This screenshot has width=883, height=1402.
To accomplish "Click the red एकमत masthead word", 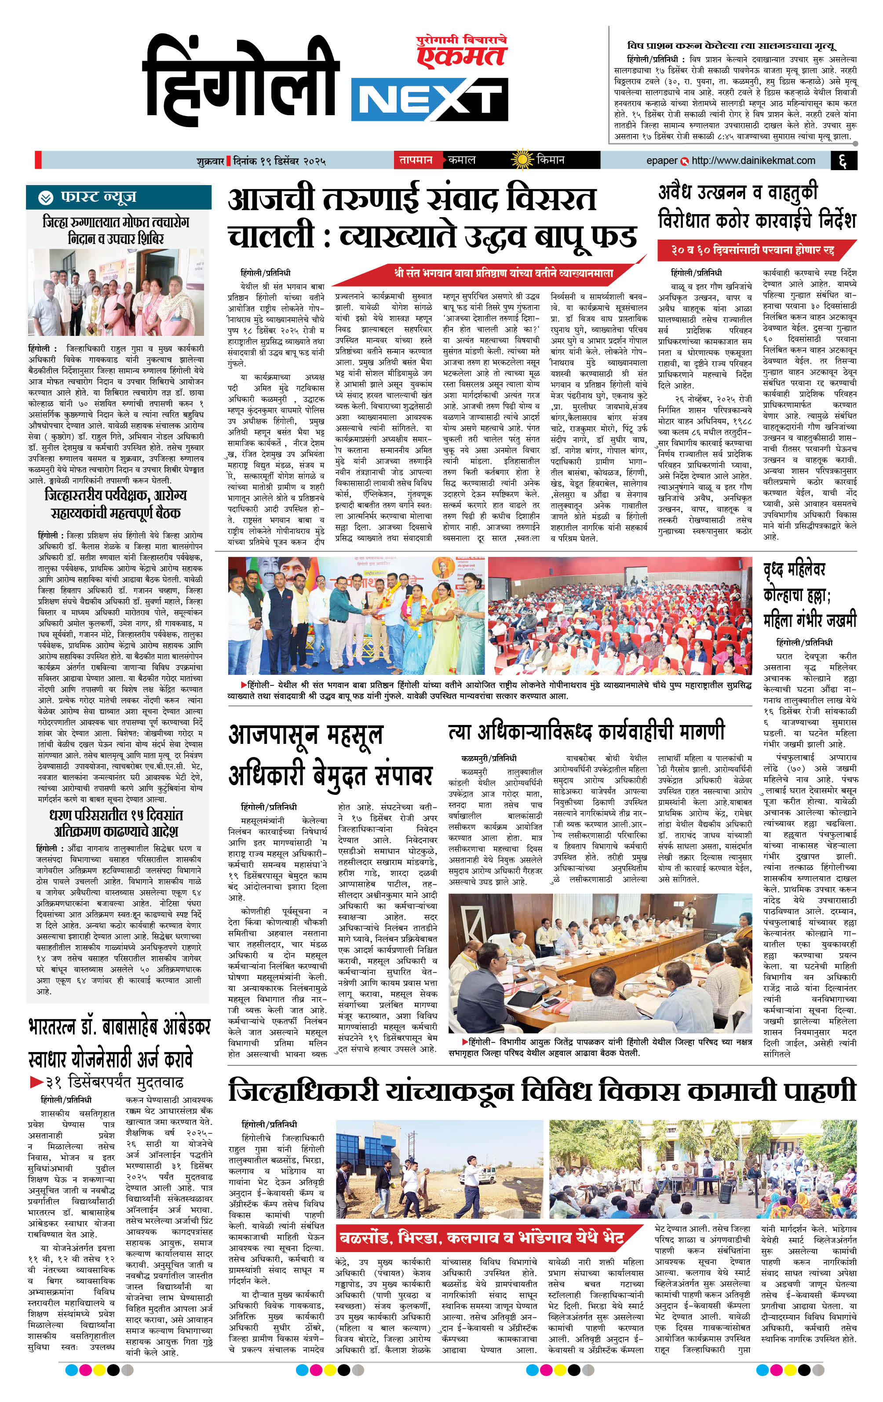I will tap(463, 56).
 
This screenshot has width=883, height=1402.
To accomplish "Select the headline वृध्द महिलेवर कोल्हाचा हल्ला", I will tap(810, 594).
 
